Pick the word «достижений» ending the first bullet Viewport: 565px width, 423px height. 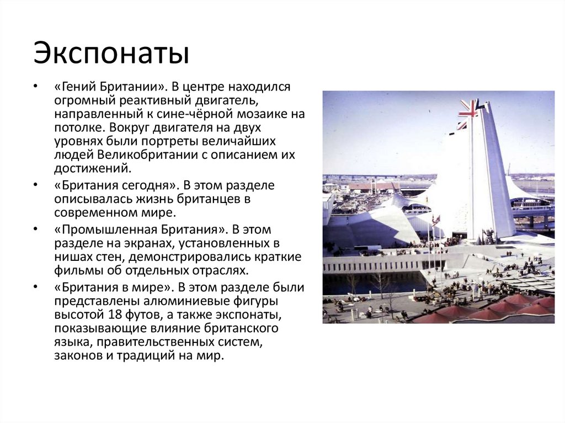[89, 168]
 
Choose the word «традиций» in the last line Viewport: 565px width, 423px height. [142, 355]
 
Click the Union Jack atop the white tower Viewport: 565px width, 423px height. [469, 108]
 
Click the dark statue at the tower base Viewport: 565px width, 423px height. [489, 237]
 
